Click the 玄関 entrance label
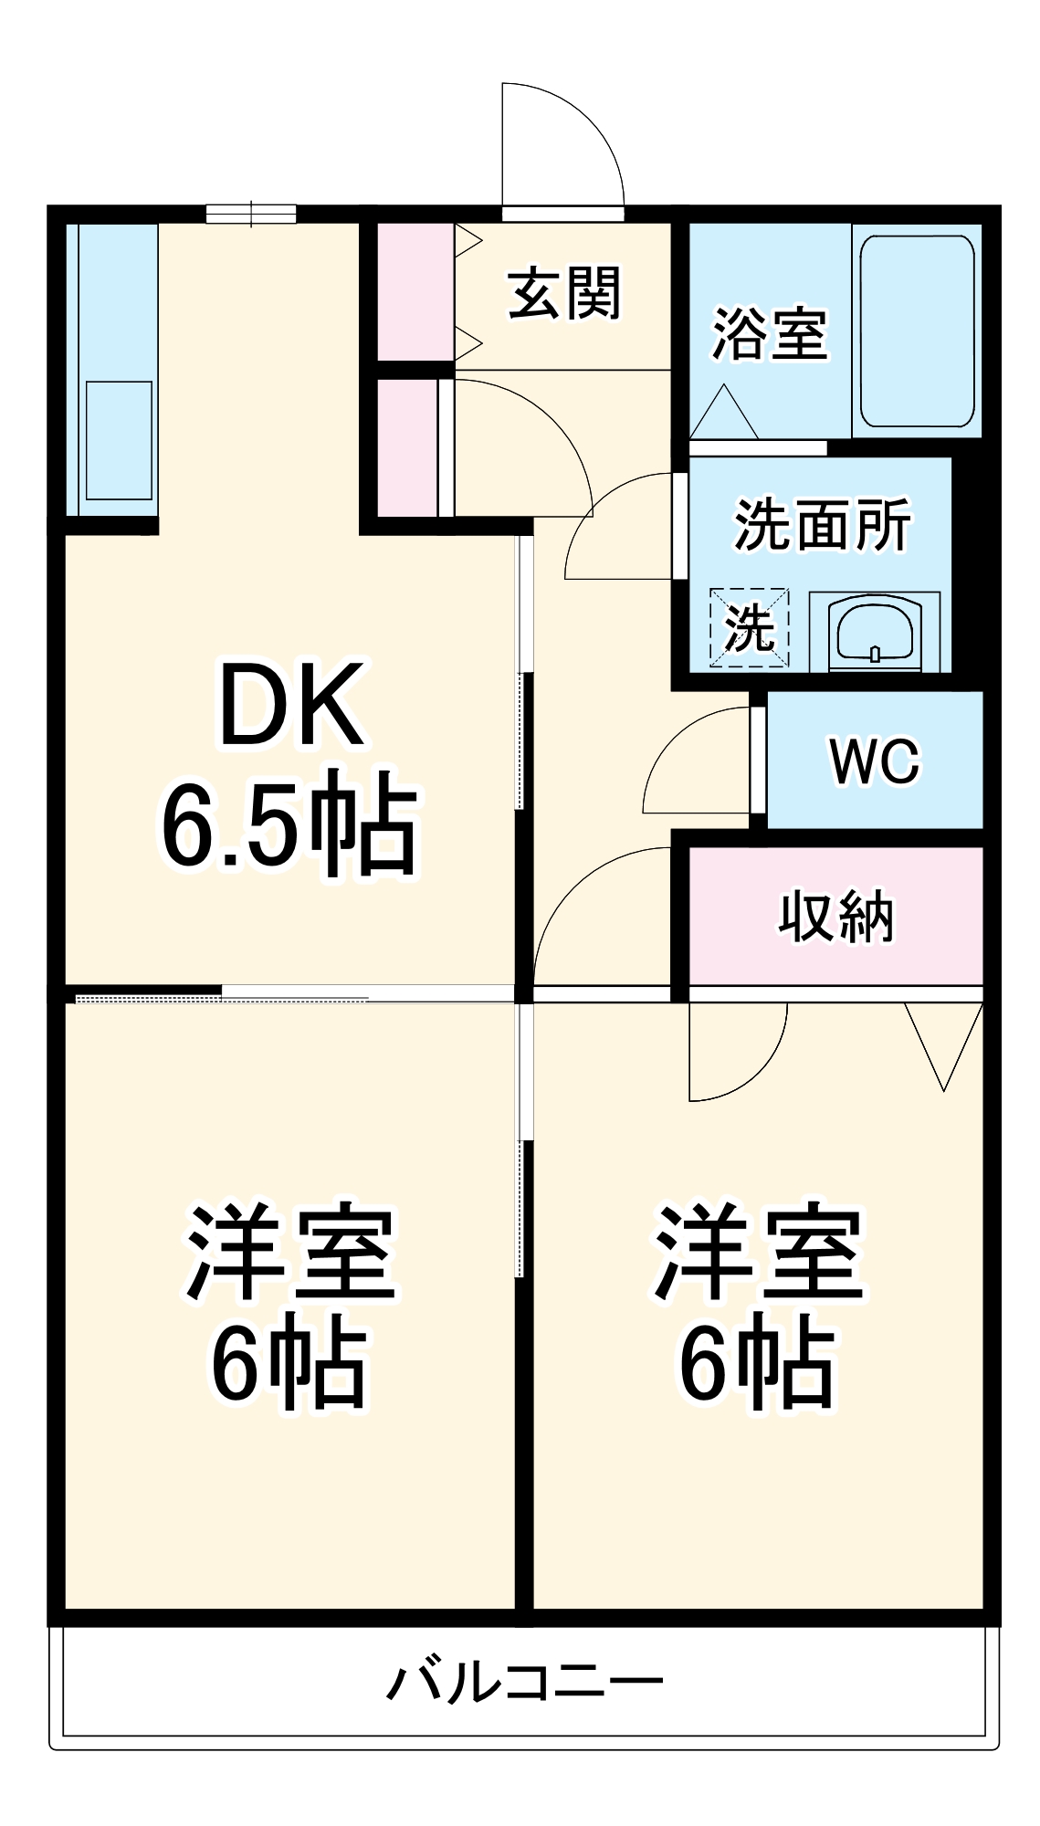pyautogui.click(x=563, y=294)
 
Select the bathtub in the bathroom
pyautogui.click(x=917, y=331)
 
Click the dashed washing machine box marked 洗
pyautogui.click(x=749, y=627)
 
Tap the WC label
pyautogui.click(x=874, y=761)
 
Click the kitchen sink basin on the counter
pyautogui.click(x=119, y=441)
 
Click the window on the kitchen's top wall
pyautogui.click(x=251, y=214)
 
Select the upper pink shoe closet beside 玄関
pyautogui.click(x=415, y=291)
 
